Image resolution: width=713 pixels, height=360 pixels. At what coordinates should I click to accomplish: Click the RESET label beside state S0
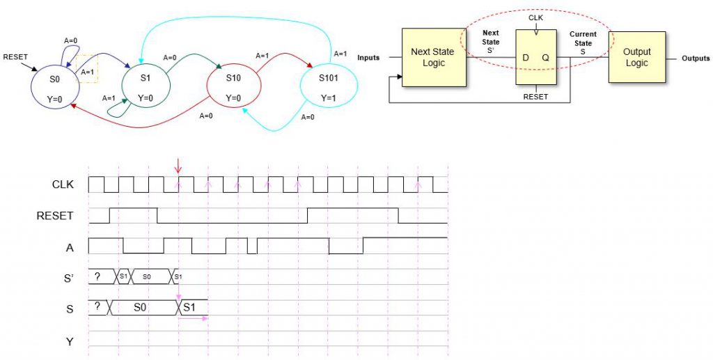pos(15,56)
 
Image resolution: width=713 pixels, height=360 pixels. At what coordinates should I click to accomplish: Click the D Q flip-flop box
pos(535,58)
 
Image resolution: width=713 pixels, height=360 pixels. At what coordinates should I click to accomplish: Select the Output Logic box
pos(636,57)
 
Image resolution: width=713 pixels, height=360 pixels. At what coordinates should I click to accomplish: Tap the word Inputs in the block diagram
pos(368,58)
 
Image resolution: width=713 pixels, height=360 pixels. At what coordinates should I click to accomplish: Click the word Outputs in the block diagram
pos(696,58)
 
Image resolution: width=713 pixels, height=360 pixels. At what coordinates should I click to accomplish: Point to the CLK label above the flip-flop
pos(535,16)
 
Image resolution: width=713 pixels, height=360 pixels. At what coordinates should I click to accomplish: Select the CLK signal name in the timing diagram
pos(63,185)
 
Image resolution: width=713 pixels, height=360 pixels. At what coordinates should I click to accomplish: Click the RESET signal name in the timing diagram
pos(55,216)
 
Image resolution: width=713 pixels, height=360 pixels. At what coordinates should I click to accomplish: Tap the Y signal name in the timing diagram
pos(70,342)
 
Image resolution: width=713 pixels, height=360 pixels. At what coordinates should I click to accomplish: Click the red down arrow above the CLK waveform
pos(178,166)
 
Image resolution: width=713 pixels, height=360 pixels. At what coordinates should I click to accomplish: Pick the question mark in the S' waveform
pos(97,276)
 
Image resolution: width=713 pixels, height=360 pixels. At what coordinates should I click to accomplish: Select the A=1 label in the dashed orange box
pos(88,72)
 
